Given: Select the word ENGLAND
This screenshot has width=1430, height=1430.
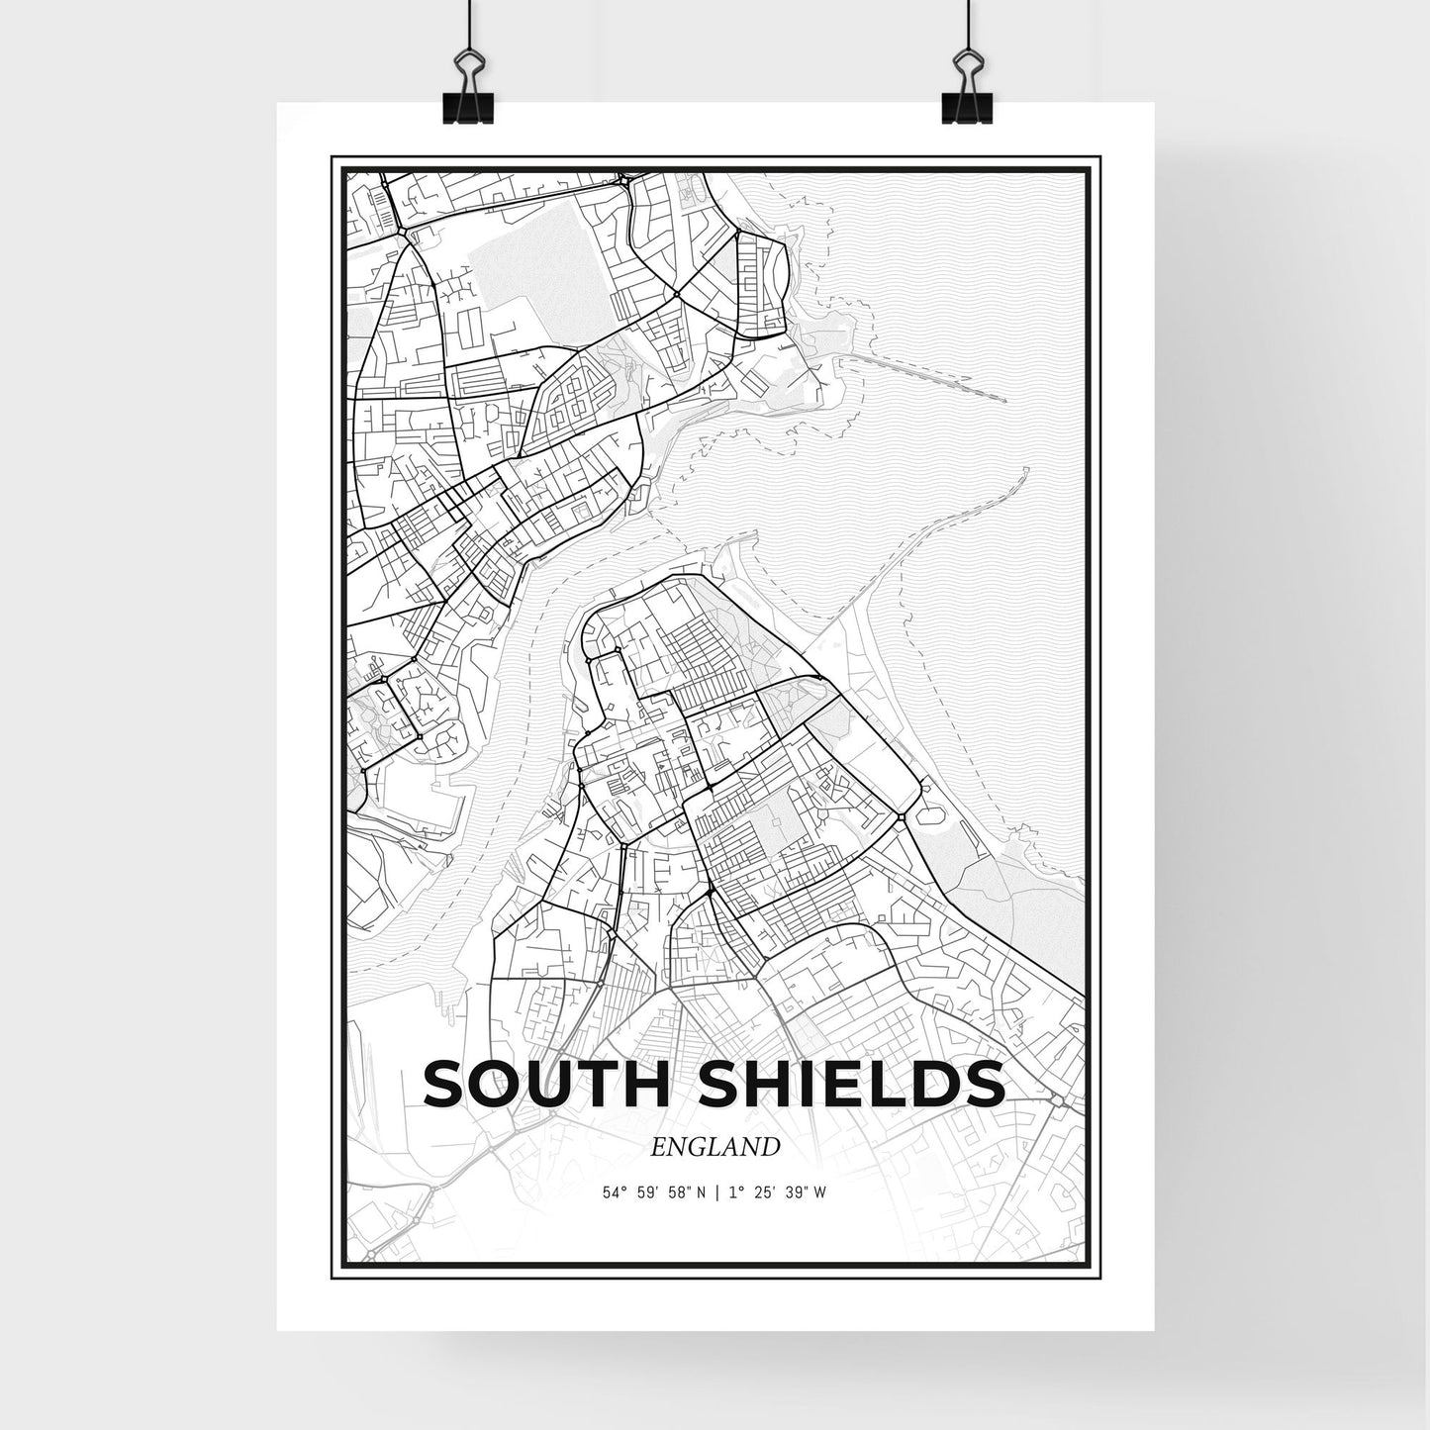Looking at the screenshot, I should point(715,1147).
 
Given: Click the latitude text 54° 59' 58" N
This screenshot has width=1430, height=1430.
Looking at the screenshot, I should point(654,1192).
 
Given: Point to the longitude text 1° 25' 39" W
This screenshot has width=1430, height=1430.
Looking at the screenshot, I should point(777,1192).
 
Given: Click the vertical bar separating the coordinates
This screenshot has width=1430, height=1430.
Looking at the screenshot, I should point(716,1192).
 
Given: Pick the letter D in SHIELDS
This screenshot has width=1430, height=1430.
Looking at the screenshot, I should point(934,1084).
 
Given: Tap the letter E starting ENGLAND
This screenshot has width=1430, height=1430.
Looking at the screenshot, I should point(659,1147).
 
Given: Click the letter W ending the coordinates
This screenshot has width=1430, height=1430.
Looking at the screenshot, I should point(820,1192).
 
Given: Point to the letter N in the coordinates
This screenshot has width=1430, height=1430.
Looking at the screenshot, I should point(701,1192).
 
